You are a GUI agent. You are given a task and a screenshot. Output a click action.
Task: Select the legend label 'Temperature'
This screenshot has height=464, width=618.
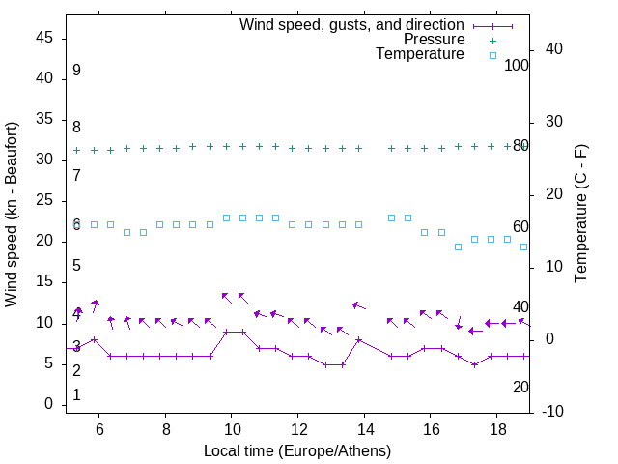pyautogui.click(x=420, y=55)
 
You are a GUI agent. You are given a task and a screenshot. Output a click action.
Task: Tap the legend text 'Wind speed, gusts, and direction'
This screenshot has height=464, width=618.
pyautogui.click(x=352, y=24)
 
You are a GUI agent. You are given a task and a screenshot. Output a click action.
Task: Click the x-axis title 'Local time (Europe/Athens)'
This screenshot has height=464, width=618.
pyautogui.click(x=297, y=450)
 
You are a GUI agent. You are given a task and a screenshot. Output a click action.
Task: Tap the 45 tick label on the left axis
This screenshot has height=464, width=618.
pyautogui.click(x=44, y=38)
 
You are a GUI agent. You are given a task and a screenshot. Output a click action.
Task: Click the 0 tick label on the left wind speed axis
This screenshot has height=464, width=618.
pyautogui.click(x=49, y=404)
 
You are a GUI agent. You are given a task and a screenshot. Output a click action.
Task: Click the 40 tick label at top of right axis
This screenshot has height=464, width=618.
pyautogui.click(x=556, y=49)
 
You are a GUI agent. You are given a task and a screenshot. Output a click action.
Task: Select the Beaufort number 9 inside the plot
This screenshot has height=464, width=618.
pyautogui.click(x=76, y=71)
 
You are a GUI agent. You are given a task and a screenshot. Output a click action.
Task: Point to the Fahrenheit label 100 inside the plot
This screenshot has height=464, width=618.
pyautogui.click(x=517, y=65)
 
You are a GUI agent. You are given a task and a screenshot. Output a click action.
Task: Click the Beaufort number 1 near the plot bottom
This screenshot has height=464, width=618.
pyautogui.click(x=76, y=395)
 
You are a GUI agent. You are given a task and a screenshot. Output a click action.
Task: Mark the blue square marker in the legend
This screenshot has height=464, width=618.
pyautogui.click(x=492, y=55)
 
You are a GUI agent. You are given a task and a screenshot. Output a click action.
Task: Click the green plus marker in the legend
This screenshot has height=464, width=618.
pyautogui.click(x=492, y=40)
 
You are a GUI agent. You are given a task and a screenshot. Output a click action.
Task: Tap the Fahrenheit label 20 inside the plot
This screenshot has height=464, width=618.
pyautogui.click(x=520, y=388)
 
